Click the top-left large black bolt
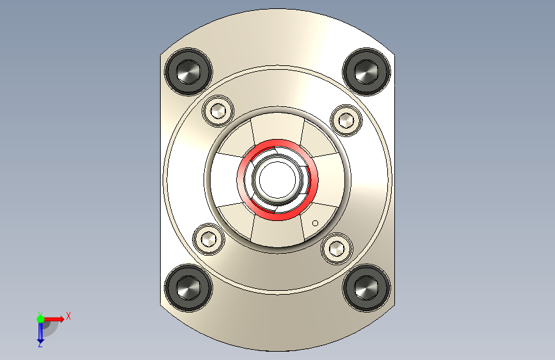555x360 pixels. (188, 71)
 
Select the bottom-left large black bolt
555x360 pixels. (188, 287)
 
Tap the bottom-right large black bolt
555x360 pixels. (366, 287)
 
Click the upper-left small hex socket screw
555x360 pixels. (218, 111)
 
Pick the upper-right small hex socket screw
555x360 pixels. (346, 119)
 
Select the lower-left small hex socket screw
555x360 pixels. (209, 240)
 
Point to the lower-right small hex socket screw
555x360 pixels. (337, 248)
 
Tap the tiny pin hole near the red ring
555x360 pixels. (315, 223)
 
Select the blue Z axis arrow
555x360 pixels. (40, 332)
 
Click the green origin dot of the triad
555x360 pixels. (40, 318)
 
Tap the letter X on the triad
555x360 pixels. (68, 316)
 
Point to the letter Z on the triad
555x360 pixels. (40, 345)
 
